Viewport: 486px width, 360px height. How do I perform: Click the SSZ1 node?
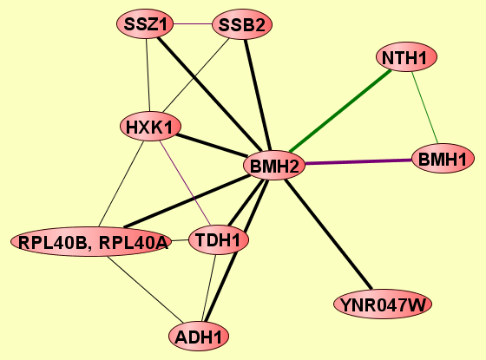click(x=145, y=24)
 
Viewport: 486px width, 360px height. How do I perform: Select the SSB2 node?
click(x=242, y=25)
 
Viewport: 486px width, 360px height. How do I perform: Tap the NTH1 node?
click(x=406, y=57)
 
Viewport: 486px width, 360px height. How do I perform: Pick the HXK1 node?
click(x=150, y=127)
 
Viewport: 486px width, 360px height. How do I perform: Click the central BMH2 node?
click(x=274, y=165)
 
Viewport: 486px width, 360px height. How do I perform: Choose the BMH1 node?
click(x=443, y=158)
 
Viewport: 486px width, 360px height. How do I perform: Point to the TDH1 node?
click(x=219, y=239)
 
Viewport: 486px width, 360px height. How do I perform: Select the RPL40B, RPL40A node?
click(x=91, y=242)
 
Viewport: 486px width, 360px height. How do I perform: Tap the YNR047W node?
click(x=383, y=304)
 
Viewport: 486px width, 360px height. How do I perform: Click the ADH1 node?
click(x=199, y=337)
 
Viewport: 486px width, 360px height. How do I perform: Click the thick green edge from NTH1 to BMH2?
click(x=340, y=111)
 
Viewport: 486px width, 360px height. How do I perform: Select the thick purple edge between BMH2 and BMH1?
click(x=358, y=161)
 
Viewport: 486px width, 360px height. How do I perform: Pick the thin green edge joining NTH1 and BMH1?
click(x=424, y=108)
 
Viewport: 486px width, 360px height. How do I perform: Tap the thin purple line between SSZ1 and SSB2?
click(x=193, y=24)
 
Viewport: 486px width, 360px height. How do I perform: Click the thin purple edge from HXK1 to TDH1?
click(x=185, y=183)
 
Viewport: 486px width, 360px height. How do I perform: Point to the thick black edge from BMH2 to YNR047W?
click(x=328, y=234)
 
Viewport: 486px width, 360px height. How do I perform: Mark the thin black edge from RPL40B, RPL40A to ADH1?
click(x=145, y=290)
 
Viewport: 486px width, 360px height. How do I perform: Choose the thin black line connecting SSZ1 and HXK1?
click(x=148, y=75)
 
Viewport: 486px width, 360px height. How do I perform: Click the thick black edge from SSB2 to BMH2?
click(x=258, y=95)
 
